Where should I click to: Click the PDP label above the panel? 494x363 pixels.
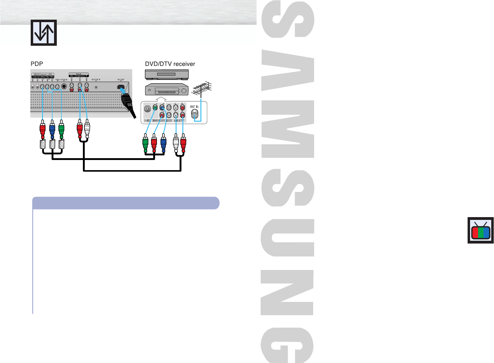37,64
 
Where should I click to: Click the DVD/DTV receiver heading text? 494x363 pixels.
170,64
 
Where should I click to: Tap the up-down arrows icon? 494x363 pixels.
44,33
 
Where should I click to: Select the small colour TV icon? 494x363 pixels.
480,230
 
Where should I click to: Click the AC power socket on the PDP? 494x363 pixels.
121,87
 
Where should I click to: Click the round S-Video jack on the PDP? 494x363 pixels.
64,87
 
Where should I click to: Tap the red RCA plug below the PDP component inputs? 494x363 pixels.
43,130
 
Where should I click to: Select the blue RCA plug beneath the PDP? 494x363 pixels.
52,130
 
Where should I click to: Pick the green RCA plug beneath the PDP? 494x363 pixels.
61,130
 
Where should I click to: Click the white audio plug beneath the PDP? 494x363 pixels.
87,129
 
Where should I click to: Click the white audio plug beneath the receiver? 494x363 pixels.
176,143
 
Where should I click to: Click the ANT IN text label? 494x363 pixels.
194,107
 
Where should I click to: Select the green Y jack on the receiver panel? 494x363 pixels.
155,108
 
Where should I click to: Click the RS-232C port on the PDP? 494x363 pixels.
96,87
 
